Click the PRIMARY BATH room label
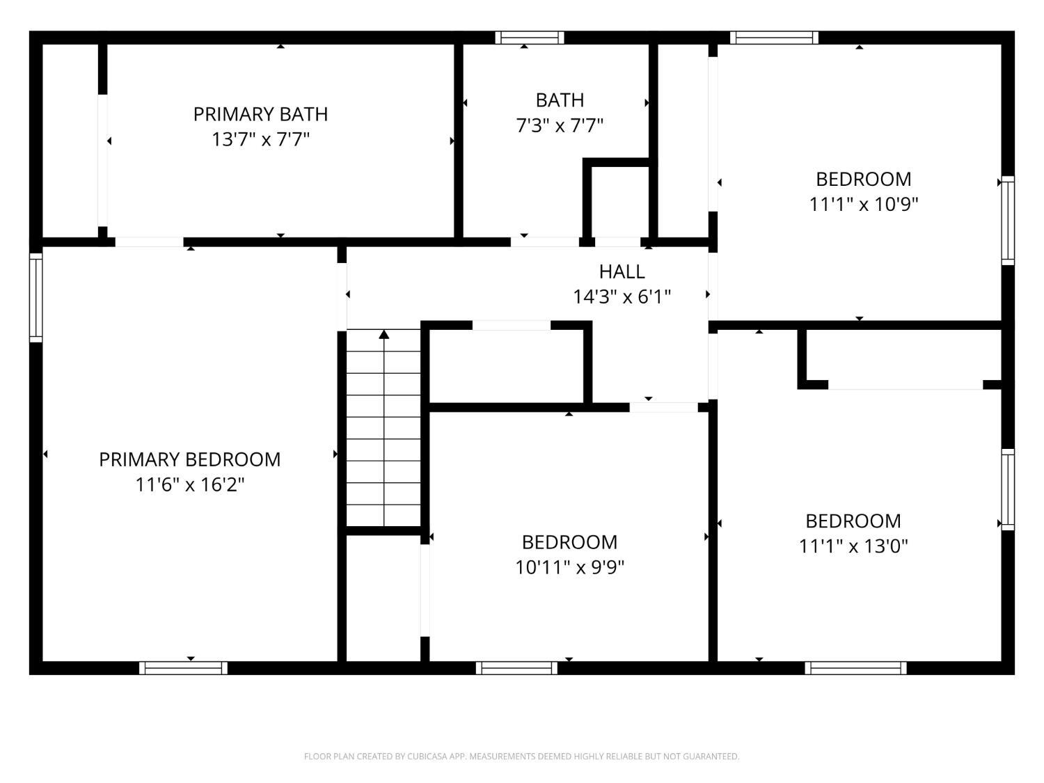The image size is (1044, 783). click(260, 114)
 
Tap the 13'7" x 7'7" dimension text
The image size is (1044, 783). click(260, 139)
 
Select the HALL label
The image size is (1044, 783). click(622, 271)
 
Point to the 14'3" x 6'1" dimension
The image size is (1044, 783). click(622, 296)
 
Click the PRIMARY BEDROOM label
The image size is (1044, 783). click(190, 459)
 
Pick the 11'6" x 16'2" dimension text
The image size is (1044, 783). click(190, 484)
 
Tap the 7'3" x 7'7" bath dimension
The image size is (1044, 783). click(560, 125)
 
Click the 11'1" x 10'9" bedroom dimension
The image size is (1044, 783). click(863, 205)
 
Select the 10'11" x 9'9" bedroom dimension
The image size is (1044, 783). click(569, 567)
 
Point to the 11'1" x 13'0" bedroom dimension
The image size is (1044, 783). click(853, 546)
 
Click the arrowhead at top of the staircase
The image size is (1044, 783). click(383, 334)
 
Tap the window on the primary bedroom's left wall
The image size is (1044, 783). click(35, 297)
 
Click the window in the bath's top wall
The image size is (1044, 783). click(530, 38)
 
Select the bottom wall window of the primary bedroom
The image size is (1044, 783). click(183, 667)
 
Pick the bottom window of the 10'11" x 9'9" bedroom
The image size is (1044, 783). click(516, 667)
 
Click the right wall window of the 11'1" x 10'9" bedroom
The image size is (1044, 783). click(1008, 221)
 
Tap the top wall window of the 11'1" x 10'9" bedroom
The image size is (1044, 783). click(774, 38)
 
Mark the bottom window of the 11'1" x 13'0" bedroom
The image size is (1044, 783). click(855, 667)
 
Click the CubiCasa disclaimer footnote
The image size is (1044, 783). click(522, 756)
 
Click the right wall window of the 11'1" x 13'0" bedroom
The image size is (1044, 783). click(1008, 490)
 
